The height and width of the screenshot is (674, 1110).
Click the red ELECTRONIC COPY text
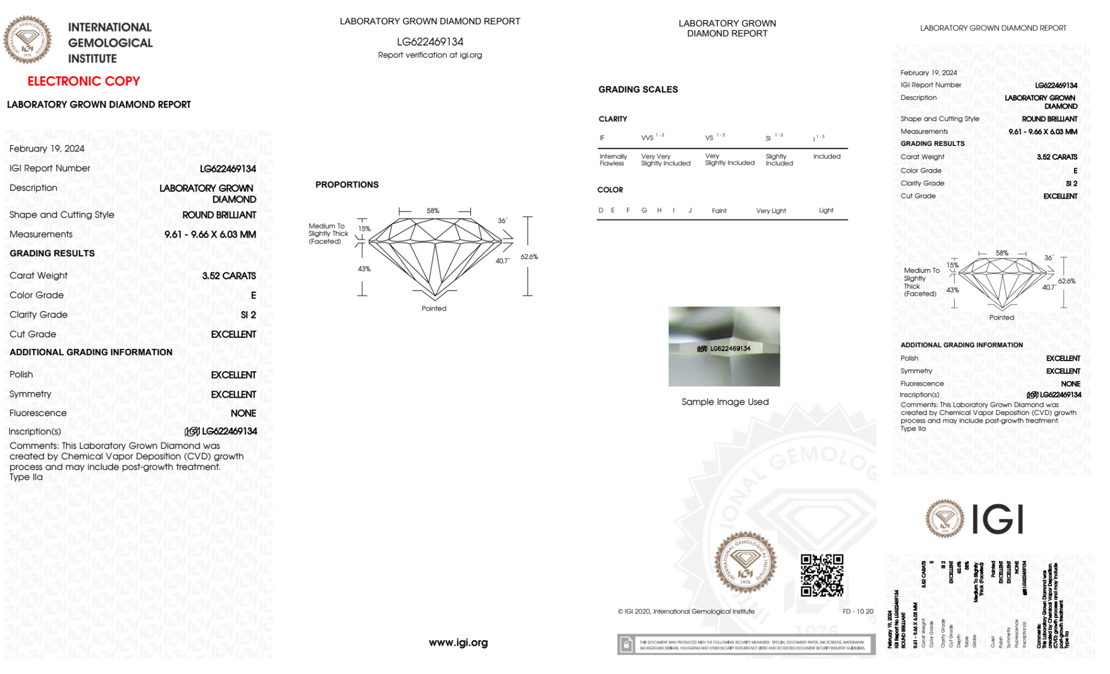83,81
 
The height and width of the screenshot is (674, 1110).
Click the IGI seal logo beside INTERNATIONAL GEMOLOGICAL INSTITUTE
27,40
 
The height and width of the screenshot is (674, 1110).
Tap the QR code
822,575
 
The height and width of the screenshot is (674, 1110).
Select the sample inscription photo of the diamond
724,346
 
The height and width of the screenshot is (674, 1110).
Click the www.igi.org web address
458,642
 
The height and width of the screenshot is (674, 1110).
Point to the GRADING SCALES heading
638,89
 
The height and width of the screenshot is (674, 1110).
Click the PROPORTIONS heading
347,185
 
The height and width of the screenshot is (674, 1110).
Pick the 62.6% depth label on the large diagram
529,257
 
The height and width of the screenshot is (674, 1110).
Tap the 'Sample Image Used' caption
725,402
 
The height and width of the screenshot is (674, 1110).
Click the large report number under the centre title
430,42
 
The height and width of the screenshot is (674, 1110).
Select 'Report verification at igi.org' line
430,55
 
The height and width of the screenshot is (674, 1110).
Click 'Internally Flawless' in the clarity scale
613,160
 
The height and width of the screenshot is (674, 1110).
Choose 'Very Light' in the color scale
771,211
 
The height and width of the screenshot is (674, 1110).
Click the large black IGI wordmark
998,520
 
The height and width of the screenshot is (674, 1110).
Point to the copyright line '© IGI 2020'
686,611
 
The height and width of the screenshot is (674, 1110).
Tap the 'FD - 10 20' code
858,611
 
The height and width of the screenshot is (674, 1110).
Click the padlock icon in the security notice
626,645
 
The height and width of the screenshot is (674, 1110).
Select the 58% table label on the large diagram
433,211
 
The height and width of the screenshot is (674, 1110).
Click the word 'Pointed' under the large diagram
434,308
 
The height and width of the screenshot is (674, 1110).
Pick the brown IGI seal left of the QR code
745,562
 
